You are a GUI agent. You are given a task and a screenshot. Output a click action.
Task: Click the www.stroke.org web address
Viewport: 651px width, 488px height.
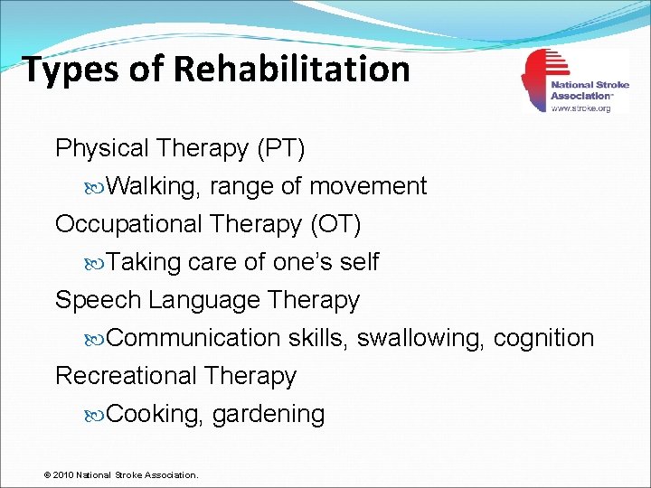click(x=581, y=108)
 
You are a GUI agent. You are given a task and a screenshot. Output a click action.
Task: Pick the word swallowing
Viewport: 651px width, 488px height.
click(x=421, y=338)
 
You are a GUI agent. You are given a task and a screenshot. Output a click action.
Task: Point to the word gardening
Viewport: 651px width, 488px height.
click(x=269, y=415)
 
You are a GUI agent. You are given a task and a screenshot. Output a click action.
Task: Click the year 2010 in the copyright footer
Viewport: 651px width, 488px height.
click(x=64, y=474)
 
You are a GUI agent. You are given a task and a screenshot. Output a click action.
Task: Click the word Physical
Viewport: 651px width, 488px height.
click(x=102, y=148)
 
